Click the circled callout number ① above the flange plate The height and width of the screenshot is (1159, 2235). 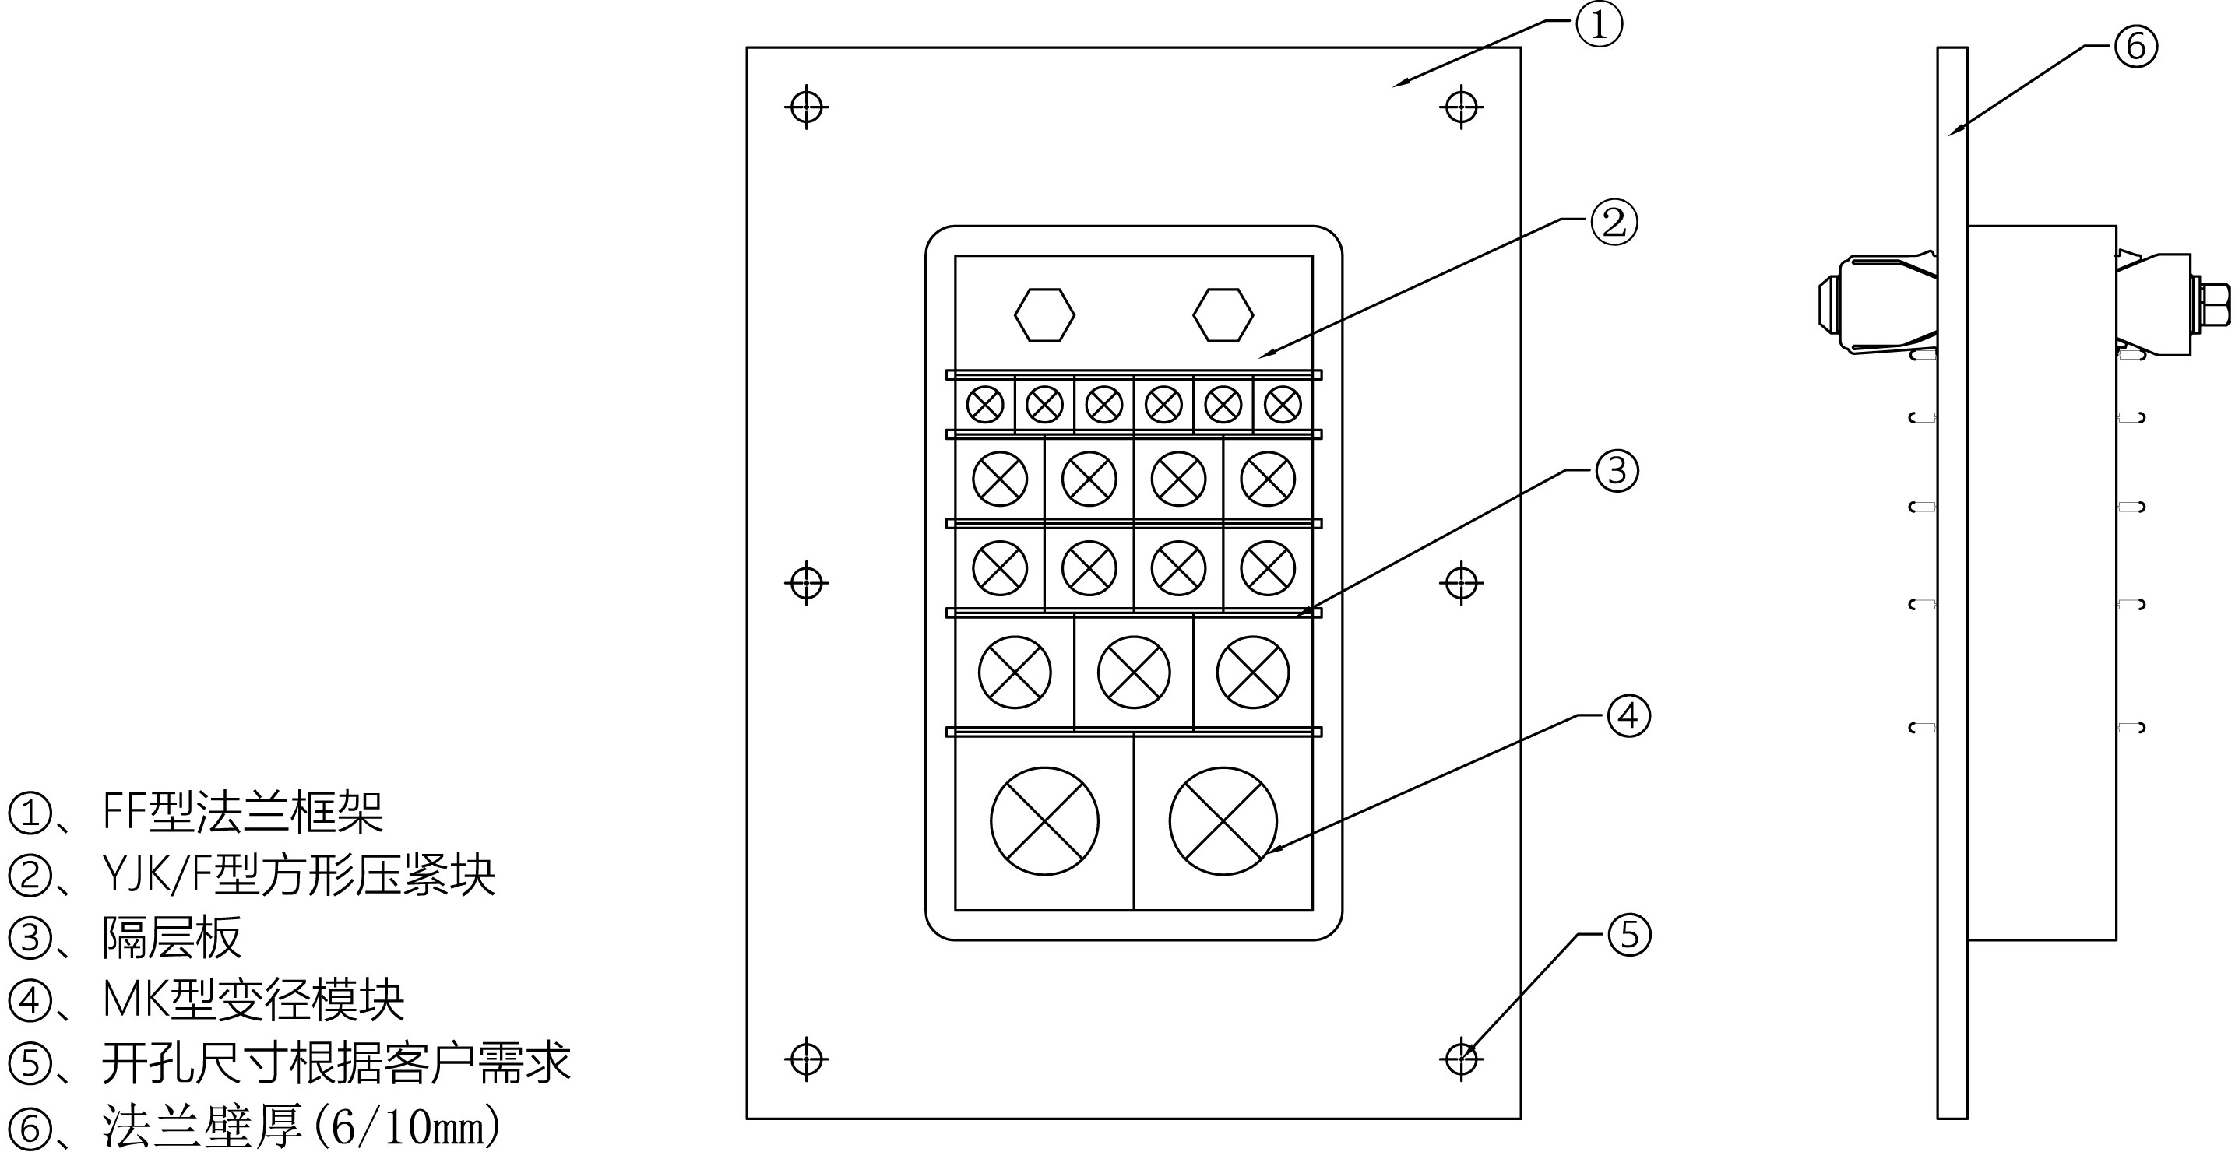(1598, 25)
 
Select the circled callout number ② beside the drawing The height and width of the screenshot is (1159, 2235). (1614, 223)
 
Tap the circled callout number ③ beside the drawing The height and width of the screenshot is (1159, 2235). (1617, 471)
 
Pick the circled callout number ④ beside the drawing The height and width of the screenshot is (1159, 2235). (1628, 715)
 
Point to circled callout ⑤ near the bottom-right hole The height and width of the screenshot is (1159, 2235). (1629, 934)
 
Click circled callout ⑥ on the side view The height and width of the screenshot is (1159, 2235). (2135, 46)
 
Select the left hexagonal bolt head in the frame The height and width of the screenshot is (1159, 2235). (1044, 315)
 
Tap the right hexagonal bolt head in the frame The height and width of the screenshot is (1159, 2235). (1223, 315)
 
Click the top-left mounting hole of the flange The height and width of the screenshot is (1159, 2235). (807, 107)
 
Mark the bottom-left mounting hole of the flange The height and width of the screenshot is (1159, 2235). (807, 1059)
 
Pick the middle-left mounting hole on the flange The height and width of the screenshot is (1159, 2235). (807, 582)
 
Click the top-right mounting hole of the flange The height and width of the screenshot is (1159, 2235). (1461, 107)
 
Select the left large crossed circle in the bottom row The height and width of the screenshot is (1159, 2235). (1044, 820)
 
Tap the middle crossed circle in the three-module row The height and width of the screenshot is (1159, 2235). (1134, 673)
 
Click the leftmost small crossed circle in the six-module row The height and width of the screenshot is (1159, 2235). (985, 404)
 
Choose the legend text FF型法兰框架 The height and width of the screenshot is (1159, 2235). (243, 813)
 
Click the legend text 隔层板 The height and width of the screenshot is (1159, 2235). (172, 938)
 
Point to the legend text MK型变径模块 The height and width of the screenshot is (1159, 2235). (253, 1000)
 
